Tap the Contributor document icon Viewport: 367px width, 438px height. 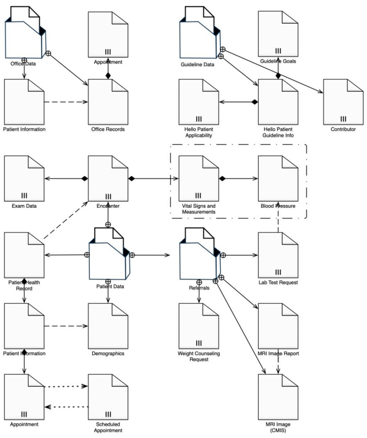pos(343,99)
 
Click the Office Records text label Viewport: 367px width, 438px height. pos(108,129)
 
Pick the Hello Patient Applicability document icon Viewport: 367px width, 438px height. pos(199,99)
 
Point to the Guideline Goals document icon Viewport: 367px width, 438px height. pos(278,33)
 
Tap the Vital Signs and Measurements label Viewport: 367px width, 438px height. pos(199,209)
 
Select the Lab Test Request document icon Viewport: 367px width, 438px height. pos(278,253)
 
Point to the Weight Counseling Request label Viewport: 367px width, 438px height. pos(199,356)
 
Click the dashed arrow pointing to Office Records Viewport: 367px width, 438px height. pos(66,101)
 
